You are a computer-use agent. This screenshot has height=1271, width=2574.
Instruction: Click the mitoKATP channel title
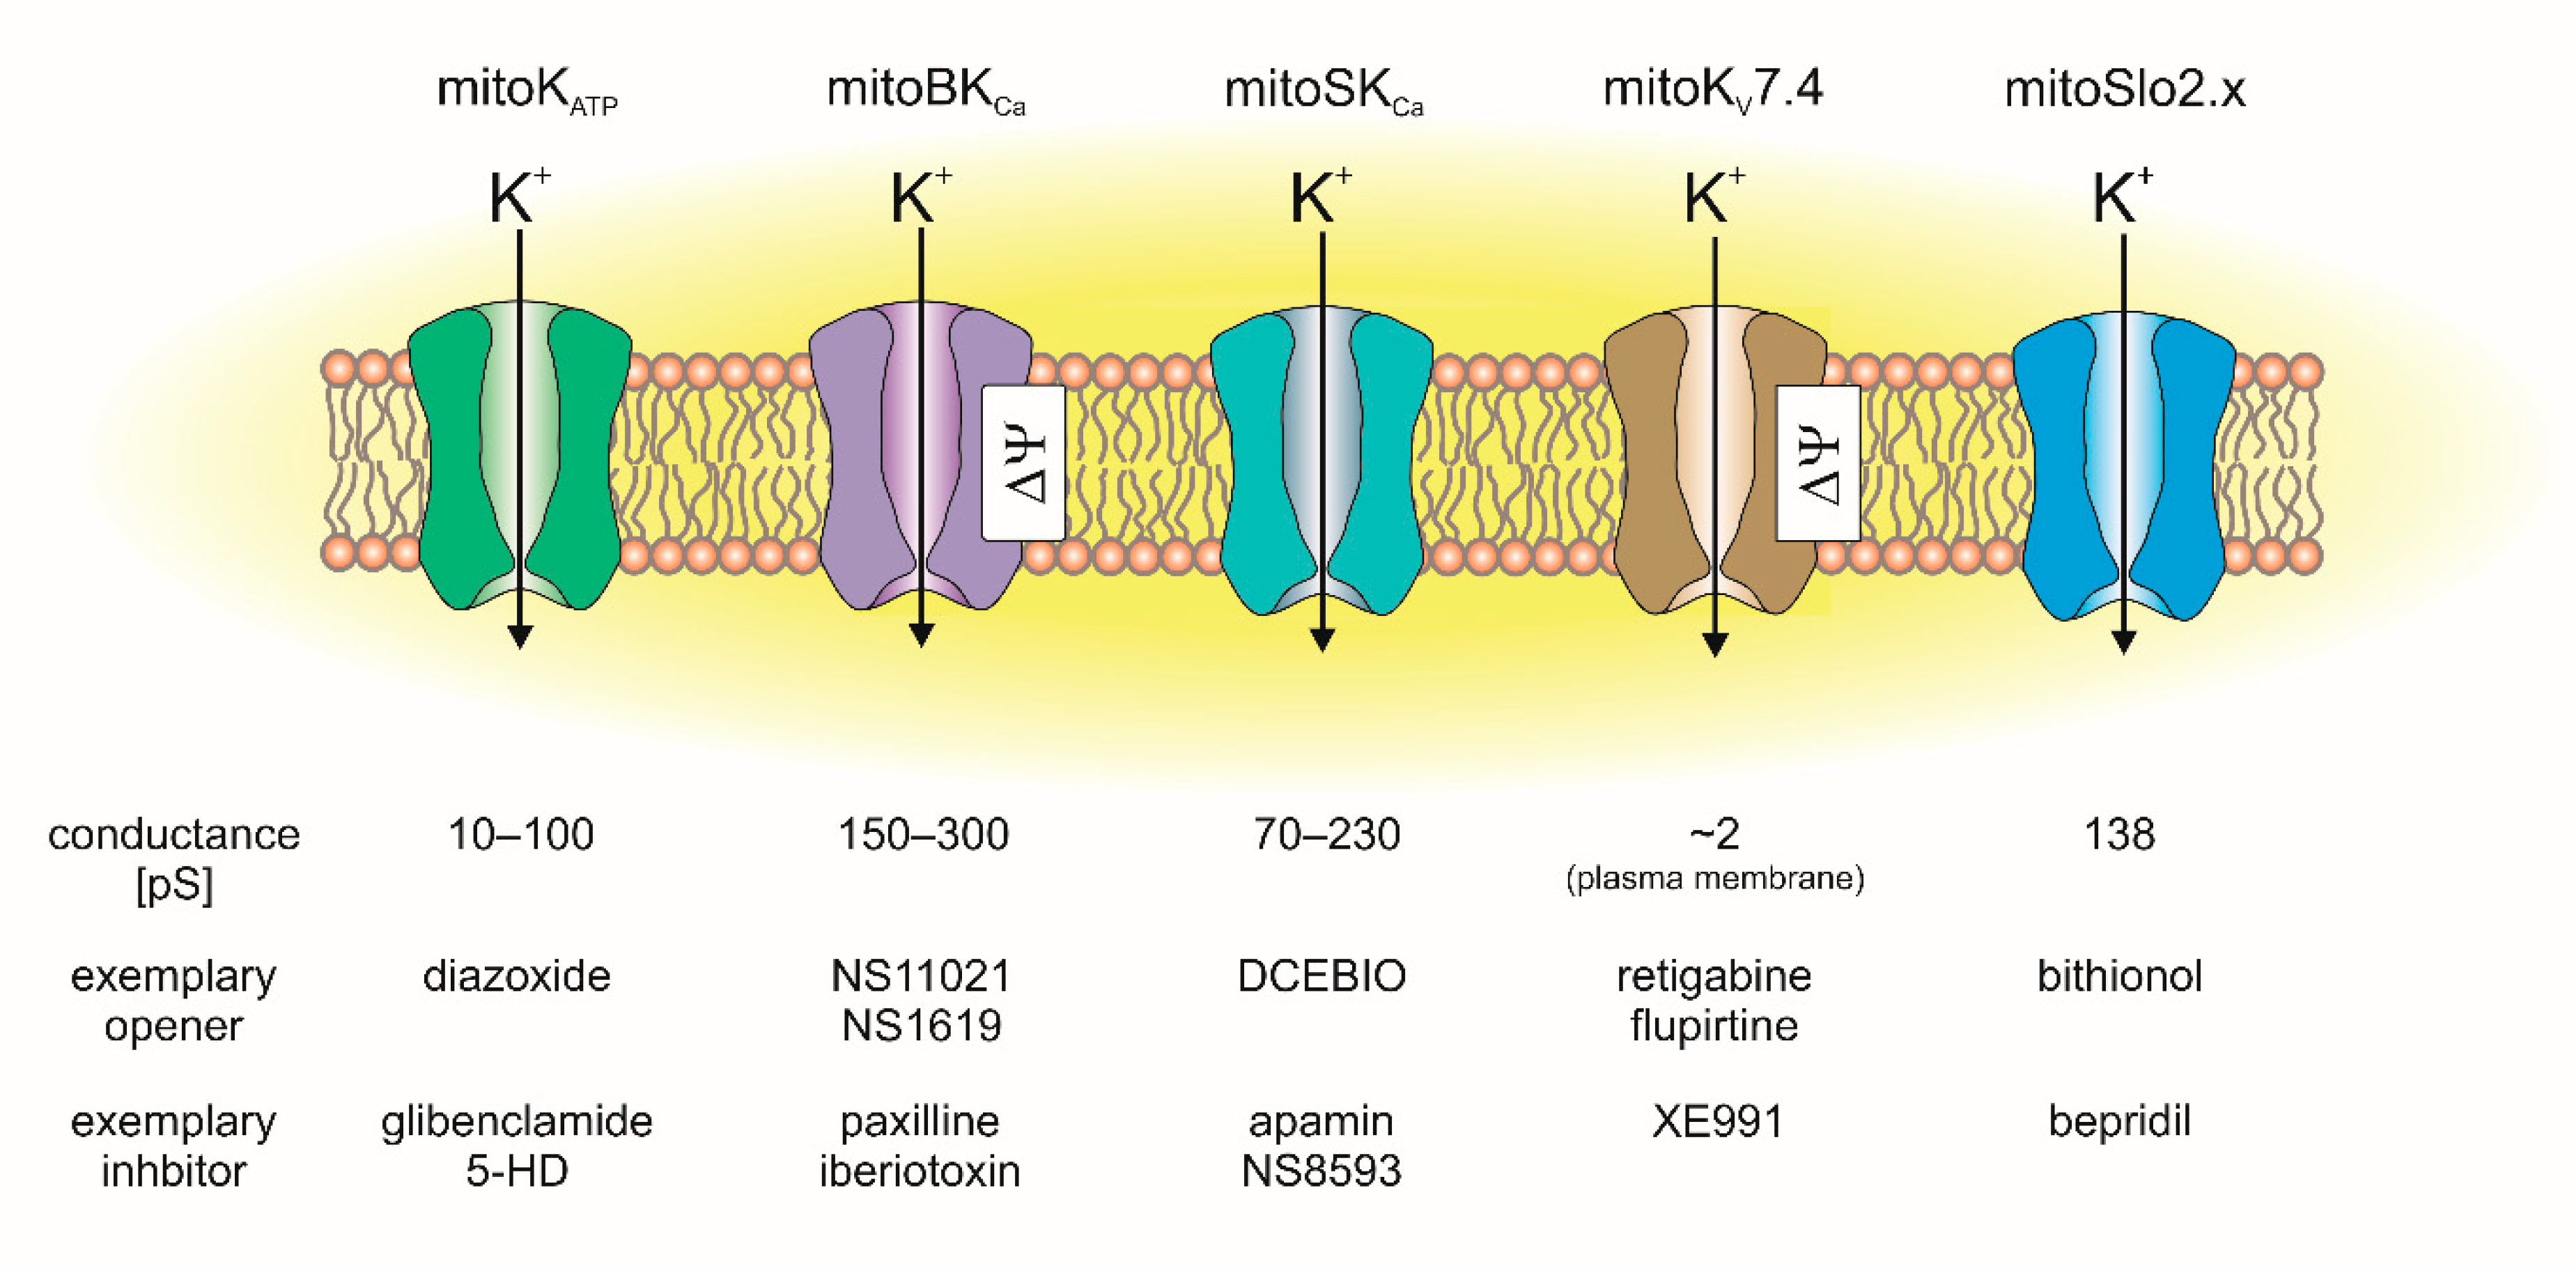(527, 91)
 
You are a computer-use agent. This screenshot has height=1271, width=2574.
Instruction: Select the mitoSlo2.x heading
(2125, 90)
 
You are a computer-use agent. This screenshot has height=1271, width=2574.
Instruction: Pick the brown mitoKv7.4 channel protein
(1649, 460)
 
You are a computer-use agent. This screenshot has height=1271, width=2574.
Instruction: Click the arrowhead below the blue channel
(2123, 642)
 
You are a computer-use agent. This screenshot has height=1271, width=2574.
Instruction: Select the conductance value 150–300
(922, 834)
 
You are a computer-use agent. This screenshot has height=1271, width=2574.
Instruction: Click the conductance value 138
(2118, 834)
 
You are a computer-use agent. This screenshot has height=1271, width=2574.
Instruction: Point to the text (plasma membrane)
(1714, 878)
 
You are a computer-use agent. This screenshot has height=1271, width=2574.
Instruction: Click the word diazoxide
(517, 976)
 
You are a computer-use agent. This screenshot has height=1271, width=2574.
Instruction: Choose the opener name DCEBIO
(1321, 976)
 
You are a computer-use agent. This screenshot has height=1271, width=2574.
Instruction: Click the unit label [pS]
(174, 885)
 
